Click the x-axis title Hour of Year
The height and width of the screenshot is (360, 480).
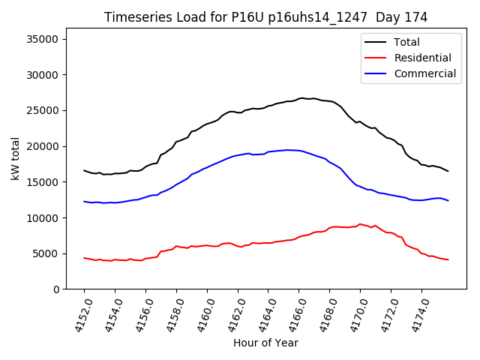click(265, 343)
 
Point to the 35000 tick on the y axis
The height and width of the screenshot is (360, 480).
click(46, 39)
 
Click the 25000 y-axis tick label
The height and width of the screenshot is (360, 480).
click(46, 111)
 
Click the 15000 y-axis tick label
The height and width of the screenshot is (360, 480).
click(46, 182)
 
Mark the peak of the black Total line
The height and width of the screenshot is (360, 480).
click(301, 97)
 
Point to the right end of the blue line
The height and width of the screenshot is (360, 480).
click(448, 200)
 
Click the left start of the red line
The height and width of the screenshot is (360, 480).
click(84, 258)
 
